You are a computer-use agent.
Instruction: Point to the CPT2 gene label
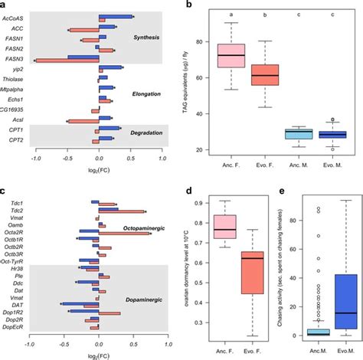pyautogui.click(x=18, y=142)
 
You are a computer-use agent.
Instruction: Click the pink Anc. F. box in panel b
pyautogui.click(x=231, y=56)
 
